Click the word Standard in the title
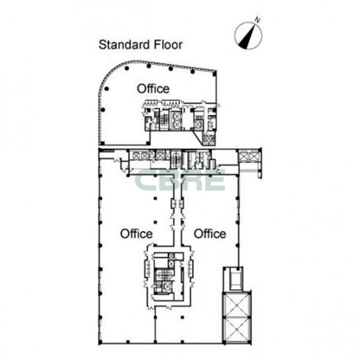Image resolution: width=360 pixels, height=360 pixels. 124,45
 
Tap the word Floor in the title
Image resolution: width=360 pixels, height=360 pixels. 168,45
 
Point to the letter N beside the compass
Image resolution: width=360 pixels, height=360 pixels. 257,21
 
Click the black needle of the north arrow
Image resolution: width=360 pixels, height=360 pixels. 247,37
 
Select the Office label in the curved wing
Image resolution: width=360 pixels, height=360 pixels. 153,89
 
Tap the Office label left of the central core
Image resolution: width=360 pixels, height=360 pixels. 136,234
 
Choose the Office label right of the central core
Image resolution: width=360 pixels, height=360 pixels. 210,234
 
